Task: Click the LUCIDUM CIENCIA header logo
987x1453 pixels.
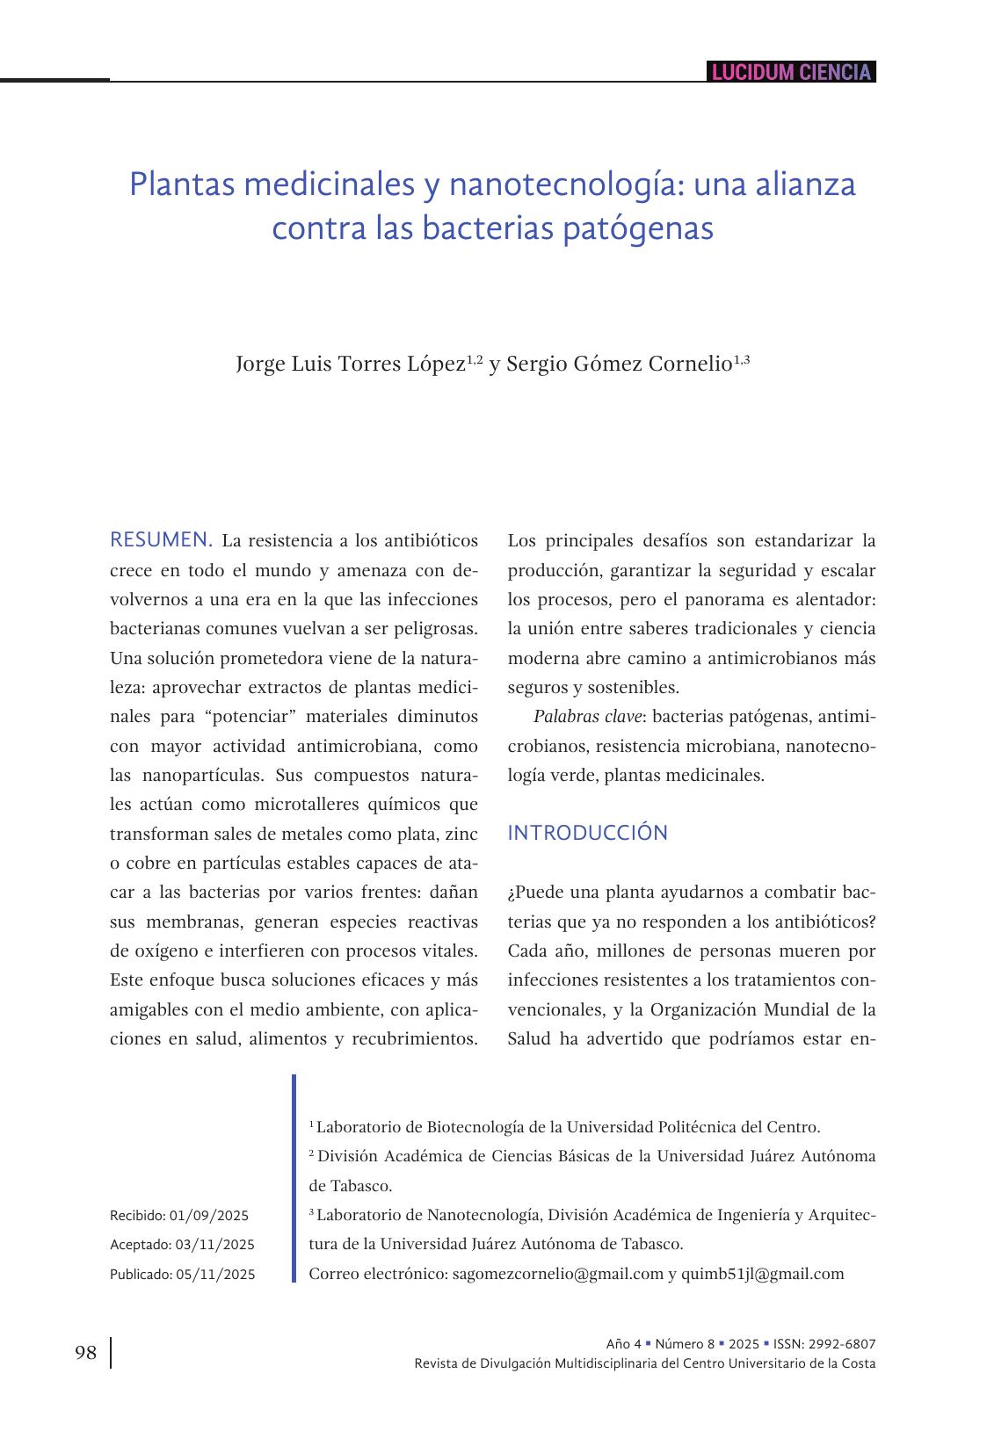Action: pyautogui.click(x=791, y=72)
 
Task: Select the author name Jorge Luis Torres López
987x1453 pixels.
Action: pyautogui.click(x=349, y=364)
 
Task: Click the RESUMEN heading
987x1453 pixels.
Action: pyautogui.click(x=161, y=539)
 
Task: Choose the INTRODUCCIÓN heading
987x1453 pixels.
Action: pyautogui.click(x=587, y=833)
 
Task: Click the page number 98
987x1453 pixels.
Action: pyautogui.click(x=86, y=1352)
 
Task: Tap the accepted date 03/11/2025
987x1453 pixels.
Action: pyautogui.click(x=214, y=1245)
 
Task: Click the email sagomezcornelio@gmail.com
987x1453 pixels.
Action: pyautogui.click(x=557, y=1274)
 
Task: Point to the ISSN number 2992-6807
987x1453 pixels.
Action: pyautogui.click(x=843, y=1344)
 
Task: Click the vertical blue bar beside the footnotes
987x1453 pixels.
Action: pyautogui.click(x=294, y=1177)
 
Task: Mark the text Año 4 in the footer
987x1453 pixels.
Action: pyautogui.click(x=623, y=1344)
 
